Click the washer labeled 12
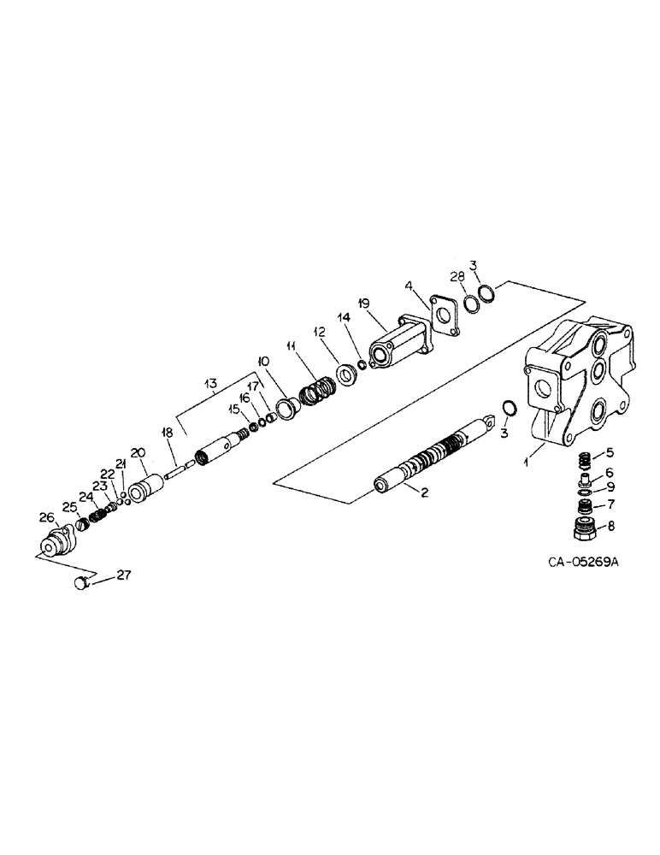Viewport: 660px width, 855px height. pos(347,374)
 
